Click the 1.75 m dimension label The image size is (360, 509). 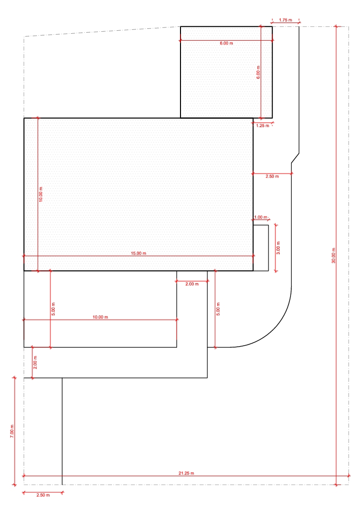click(x=285, y=20)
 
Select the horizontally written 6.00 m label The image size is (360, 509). click(x=226, y=43)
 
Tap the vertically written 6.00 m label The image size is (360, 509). click(x=258, y=72)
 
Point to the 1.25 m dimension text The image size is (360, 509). click(x=263, y=126)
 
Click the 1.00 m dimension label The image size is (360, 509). click(x=261, y=217)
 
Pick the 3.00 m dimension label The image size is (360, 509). click(x=278, y=248)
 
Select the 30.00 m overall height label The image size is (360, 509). click(x=334, y=255)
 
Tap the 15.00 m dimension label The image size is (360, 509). click(x=138, y=253)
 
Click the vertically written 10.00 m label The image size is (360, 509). click(x=41, y=195)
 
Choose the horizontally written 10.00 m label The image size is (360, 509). click(x=100, y=317)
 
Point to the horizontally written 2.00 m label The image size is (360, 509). click(x=192, y=284)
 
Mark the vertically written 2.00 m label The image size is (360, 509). click(x=35, y=362)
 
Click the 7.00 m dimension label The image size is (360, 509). click(x=12, y=431)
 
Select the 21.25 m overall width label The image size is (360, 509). click(x=186, y=473)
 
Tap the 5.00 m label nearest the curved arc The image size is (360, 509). click(x=218, y=309)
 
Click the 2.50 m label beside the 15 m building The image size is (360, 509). click(x=272, y=176)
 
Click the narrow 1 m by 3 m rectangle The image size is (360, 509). click(x=261, y=248)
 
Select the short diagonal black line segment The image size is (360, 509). click(x=295, y=158)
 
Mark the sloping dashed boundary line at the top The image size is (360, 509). click(x=102, y=31)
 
